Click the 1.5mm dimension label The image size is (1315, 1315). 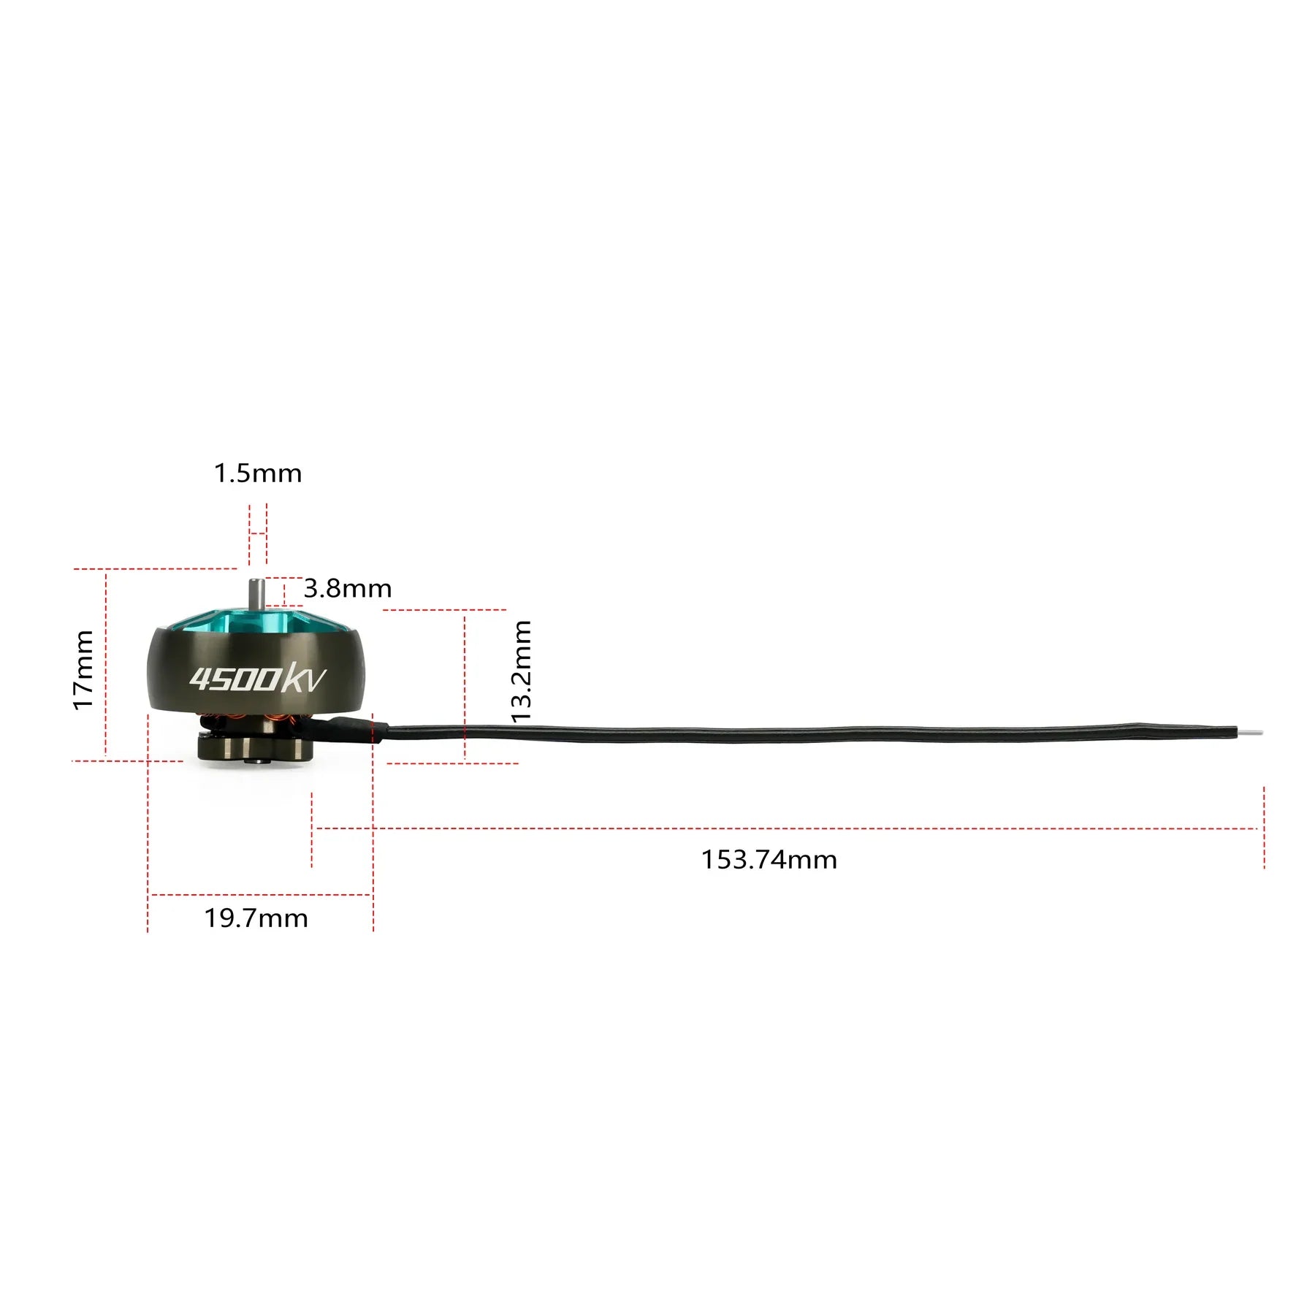pos(257,473)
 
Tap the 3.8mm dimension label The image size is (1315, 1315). pos(348,588)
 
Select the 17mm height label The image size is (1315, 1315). pos(83,670)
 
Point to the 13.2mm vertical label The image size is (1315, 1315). pos(522,671)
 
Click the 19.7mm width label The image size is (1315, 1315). pos(256,918)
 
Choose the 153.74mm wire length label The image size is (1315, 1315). pos(769,860)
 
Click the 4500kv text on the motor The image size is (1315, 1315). pos(257,679)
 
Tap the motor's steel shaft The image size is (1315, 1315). pos(255,592)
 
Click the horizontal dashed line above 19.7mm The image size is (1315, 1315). pos(260,894)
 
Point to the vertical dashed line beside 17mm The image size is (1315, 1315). pos(106,661)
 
